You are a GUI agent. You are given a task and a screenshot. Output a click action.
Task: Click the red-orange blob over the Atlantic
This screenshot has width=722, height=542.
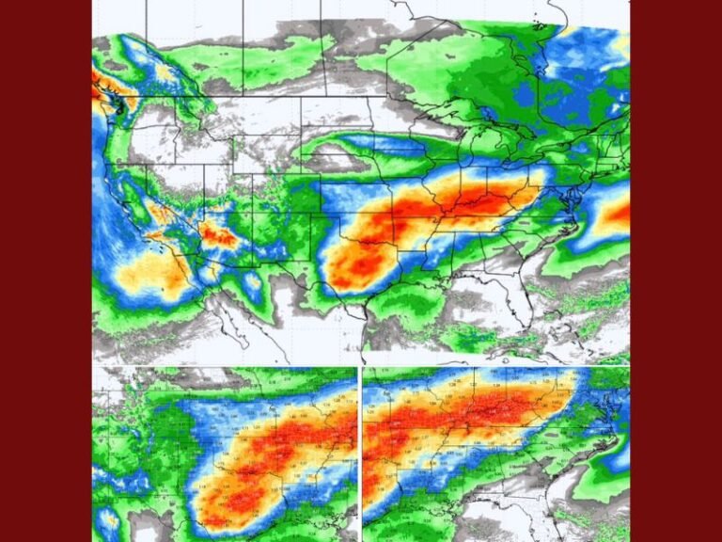point(613,216)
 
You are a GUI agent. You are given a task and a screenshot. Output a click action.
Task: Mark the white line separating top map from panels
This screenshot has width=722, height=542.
point(360,365)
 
